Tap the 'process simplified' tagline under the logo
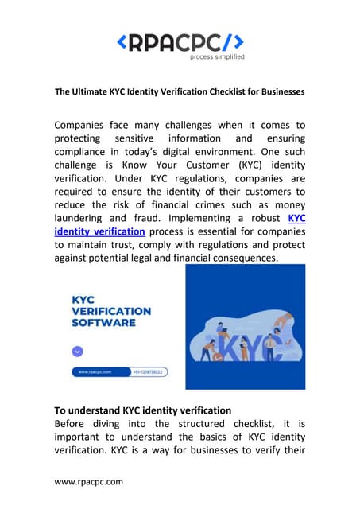tap(217, 56)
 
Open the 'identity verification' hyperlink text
tap(99, 231)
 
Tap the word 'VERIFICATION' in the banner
tap(110, 312)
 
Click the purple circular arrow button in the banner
tap(77, 350)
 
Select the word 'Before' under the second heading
tap(73, 425)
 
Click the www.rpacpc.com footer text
tap(88, 481)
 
